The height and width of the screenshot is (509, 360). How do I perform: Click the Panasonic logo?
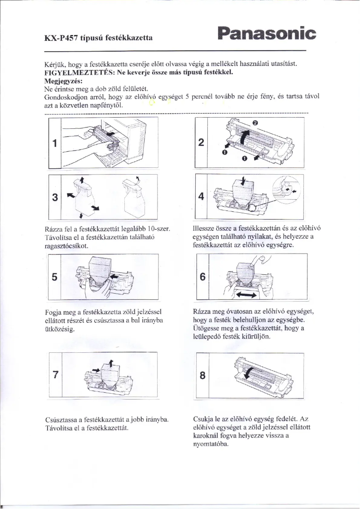[266, 33]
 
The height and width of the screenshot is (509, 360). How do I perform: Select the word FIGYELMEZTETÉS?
[76, 72]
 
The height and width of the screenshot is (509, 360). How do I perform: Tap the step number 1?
[54, 144]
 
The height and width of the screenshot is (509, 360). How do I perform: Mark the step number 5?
[54, 277]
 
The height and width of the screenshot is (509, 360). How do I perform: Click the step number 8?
[202, 376]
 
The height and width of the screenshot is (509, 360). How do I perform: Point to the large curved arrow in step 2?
[243, 137]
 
